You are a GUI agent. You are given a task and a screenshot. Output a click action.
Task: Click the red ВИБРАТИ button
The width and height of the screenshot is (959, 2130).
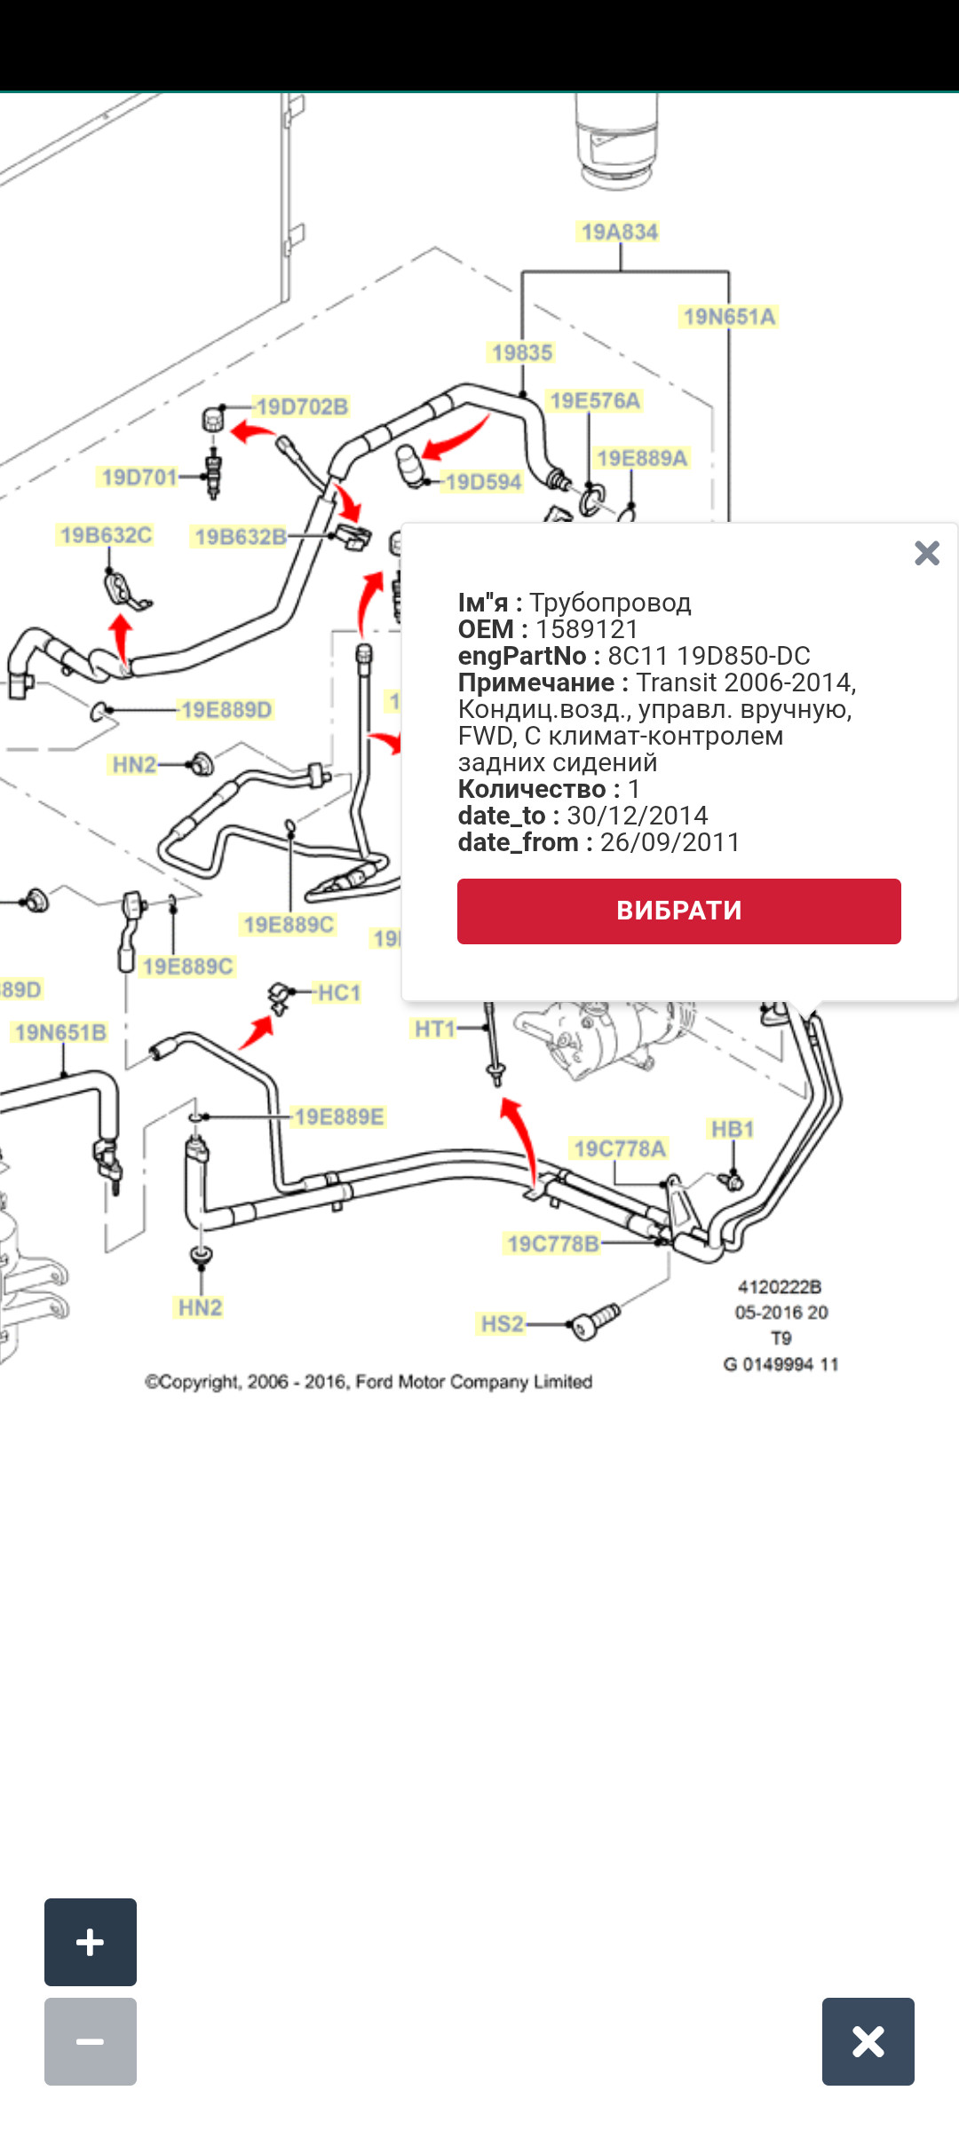click(678, 911)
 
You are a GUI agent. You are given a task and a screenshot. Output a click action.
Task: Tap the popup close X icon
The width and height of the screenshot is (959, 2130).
click(926, 554)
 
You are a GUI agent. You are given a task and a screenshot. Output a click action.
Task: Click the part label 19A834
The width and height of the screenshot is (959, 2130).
click(619, 233)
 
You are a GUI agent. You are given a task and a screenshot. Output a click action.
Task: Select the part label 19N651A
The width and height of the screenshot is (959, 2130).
click(729, 317)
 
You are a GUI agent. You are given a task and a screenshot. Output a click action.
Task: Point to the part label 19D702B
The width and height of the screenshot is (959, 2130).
click(302, 407)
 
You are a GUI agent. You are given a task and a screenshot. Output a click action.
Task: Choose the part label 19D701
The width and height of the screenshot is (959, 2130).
click(139, 477)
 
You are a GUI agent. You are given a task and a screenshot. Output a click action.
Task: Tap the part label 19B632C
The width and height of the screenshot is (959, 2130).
click(106, 535)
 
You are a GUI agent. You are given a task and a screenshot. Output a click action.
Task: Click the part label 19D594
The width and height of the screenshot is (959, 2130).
click(483, 482)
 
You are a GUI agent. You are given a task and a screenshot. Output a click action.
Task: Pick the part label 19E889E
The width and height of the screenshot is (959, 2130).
click(339, 1116)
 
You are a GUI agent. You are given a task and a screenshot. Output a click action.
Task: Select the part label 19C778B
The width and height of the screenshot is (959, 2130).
click(552, 1243)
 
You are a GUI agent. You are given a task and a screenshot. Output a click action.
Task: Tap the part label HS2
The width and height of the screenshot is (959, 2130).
click(502, 1324)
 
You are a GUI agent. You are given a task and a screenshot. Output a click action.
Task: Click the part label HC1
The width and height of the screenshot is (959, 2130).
click(339, 992)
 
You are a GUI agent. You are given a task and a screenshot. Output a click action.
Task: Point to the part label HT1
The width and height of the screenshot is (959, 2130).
click(434, 1029)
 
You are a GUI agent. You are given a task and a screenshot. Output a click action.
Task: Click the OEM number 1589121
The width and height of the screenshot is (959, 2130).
click(587, 629)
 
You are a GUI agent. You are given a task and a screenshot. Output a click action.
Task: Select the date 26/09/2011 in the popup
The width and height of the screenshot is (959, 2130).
click(670, 842)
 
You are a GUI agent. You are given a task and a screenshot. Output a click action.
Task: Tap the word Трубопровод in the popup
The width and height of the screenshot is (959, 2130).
click(610, 603)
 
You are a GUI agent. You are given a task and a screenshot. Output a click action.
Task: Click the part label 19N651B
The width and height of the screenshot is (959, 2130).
click(60, 1032)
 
